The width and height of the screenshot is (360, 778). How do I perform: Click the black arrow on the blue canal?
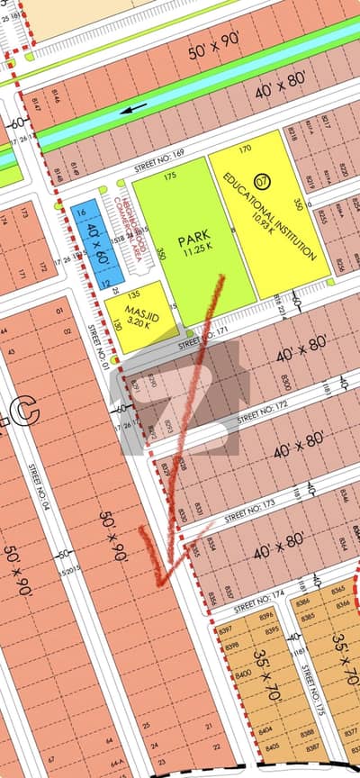pyautogui.click(x=134, y=109)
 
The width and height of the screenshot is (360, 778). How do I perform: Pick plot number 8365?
pyautogui.click(x=339, y=589)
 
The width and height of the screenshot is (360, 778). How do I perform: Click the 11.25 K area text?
pyautogui.click(x=191, y=254)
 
